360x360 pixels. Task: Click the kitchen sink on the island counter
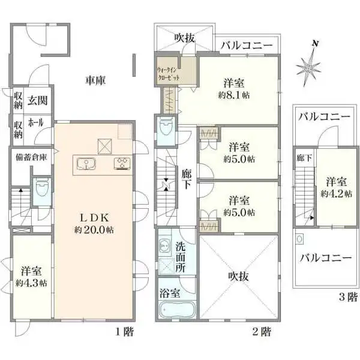pos(85,163)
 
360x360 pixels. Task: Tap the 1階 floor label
pos(125,330)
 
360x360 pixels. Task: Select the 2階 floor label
pos(262,330)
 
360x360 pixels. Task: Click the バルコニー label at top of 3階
pos(325,116)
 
